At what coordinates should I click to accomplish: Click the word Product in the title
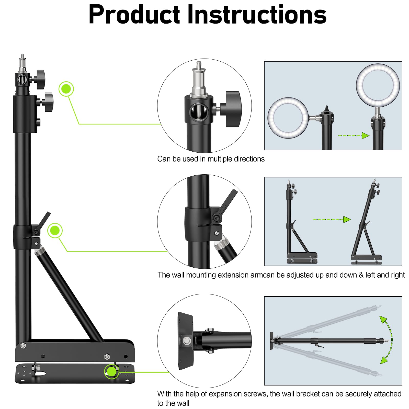(x=134, y=15)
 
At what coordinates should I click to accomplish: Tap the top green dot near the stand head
(x=66, y=89)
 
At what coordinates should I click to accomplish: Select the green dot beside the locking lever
(x=55, y=231)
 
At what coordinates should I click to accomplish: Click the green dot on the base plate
(x=112, y=371)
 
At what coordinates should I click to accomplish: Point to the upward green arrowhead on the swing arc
(x=383, y=320)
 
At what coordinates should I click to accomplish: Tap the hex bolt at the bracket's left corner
(x=23, y=346)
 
